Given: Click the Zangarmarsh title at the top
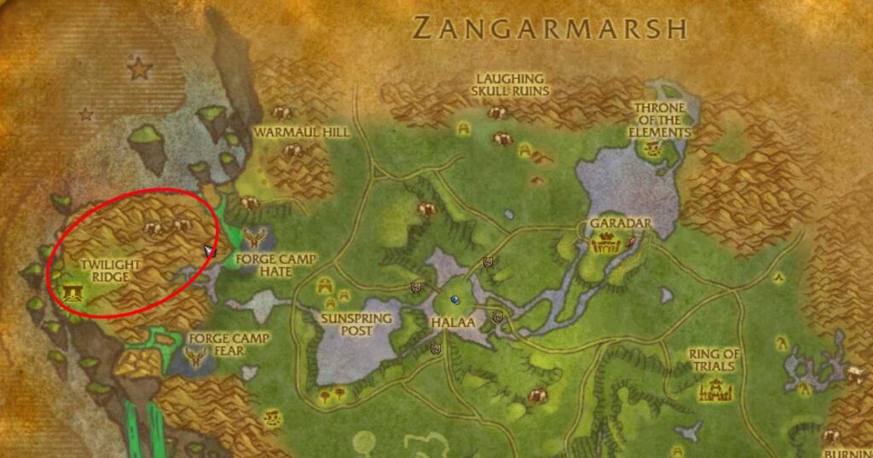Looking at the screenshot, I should (549, 28).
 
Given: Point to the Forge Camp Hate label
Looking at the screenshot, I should (263, 265).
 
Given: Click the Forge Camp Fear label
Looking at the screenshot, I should (228, 344).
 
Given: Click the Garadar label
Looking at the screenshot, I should (620, 224).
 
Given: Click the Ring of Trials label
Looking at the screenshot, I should (715, 360).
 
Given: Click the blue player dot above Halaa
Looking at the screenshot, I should (455, 300).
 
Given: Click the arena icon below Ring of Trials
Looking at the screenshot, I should (712, 391).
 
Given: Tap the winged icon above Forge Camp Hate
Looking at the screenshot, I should (253, 236).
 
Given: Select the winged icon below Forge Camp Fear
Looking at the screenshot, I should (198, 359).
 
